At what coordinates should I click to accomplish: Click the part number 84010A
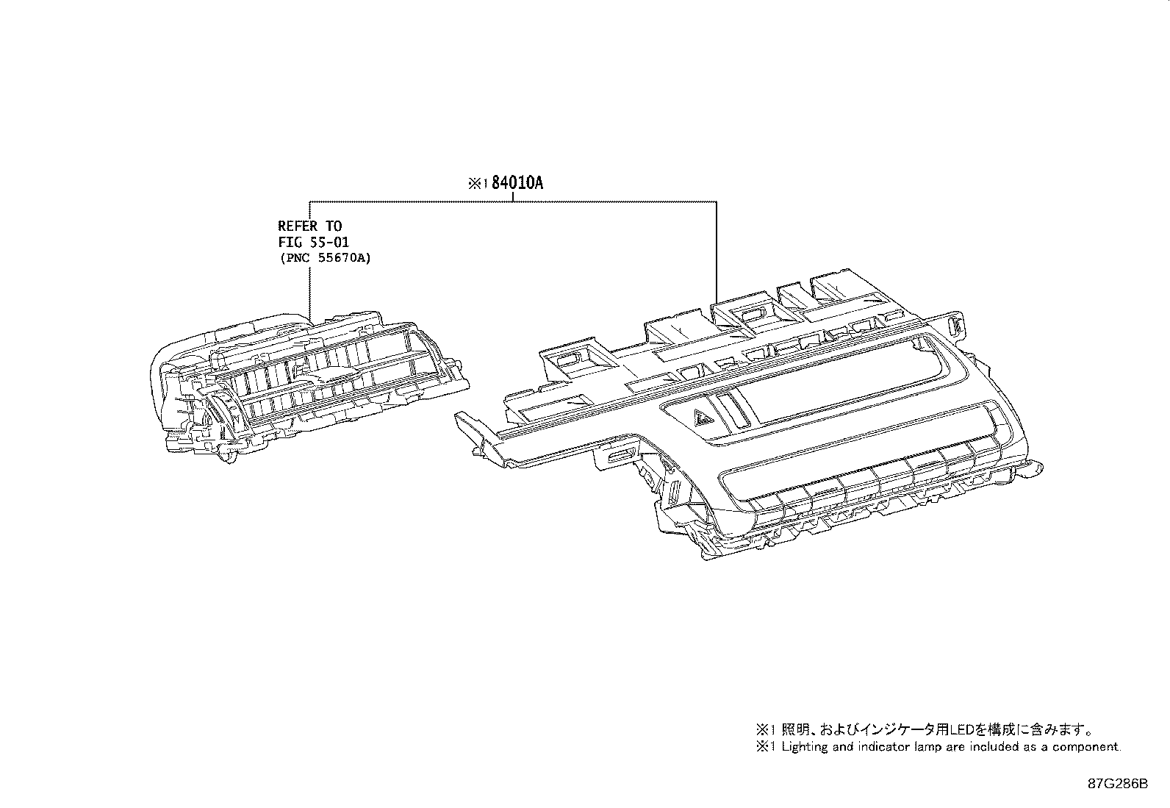(x=517, y=184)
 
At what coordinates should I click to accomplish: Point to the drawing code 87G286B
(x=1118, y=784)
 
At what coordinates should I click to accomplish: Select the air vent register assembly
(x=309, y=382)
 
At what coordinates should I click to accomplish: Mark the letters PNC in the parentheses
(x=296, y=258)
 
